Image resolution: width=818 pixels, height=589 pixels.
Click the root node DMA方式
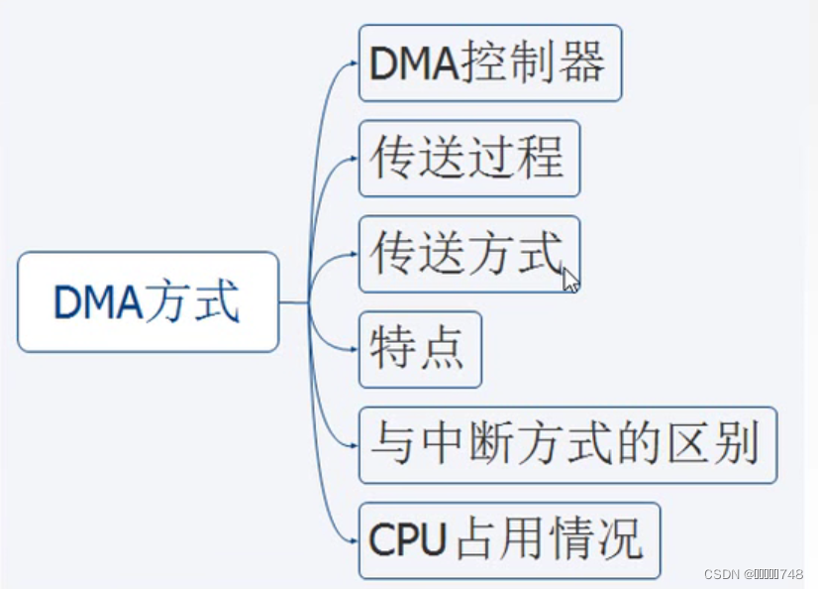point(149,301)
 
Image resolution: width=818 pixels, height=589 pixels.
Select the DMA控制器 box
point(490,62)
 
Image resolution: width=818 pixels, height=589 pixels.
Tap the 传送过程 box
point(469,159)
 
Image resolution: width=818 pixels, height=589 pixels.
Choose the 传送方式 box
point(469,254)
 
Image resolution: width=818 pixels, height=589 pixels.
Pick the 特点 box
point(420,349)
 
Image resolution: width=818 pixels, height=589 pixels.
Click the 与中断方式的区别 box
point(568,445)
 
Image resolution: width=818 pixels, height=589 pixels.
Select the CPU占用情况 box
point(510,540)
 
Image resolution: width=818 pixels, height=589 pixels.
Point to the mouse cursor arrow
point(570,280)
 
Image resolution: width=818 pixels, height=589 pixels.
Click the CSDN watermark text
point(754,574)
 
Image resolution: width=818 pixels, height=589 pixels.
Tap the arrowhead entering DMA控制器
point(355,62)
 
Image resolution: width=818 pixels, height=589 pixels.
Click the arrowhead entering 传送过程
point(355,159)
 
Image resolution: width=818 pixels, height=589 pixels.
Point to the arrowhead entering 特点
point(355,349)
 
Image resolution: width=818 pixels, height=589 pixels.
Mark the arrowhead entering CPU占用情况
point(355,540)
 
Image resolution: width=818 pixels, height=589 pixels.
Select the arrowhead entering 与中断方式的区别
point(355,445)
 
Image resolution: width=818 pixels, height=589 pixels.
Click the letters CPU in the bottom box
point(407,538)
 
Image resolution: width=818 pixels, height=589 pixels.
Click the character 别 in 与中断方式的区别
point(737,443)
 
